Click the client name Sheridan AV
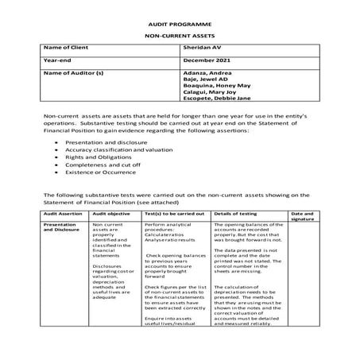click(200, 48)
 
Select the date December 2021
click(206, 60)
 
